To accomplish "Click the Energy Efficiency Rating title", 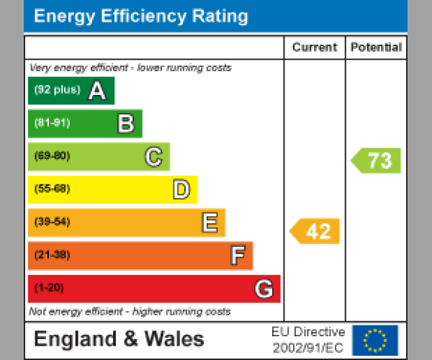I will [141, 17].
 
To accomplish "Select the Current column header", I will [315, 48].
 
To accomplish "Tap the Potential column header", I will [376, 48].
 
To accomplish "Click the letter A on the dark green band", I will [97, 91].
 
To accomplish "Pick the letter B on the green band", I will [126, 124].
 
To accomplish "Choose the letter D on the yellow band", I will [181, 190].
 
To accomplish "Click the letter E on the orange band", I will [210, 223].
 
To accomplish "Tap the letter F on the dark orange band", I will [237, 256].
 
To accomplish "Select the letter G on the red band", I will [264, 289].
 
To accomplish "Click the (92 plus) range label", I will [57, 91].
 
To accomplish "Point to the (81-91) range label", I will [52, 123].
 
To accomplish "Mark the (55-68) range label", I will [52, 189].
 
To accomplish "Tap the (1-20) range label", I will [49, 288].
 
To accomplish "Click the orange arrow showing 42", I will [315, 231].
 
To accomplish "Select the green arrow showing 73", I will [377, 161].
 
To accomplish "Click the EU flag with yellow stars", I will [375, 340].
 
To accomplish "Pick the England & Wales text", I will [120, 339].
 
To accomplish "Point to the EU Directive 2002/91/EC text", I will [308, 340].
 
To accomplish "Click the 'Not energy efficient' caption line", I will [130, 312].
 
